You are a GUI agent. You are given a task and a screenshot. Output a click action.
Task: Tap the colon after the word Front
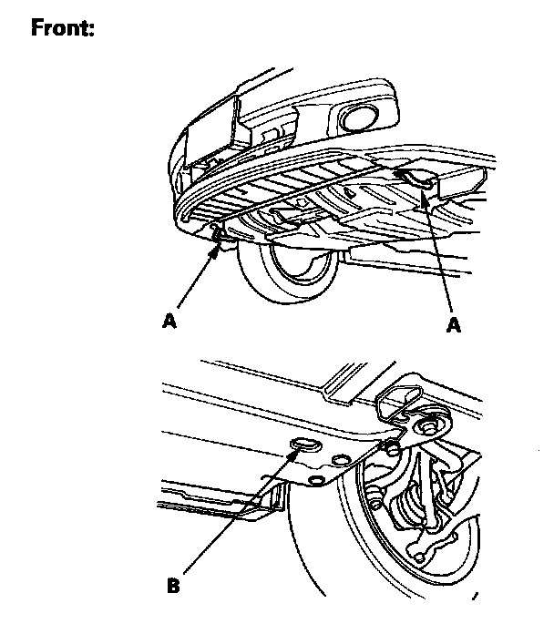point(93,31)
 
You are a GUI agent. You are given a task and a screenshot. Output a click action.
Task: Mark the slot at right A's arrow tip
point(417,181)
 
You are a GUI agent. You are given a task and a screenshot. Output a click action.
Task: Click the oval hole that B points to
point(303,445)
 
